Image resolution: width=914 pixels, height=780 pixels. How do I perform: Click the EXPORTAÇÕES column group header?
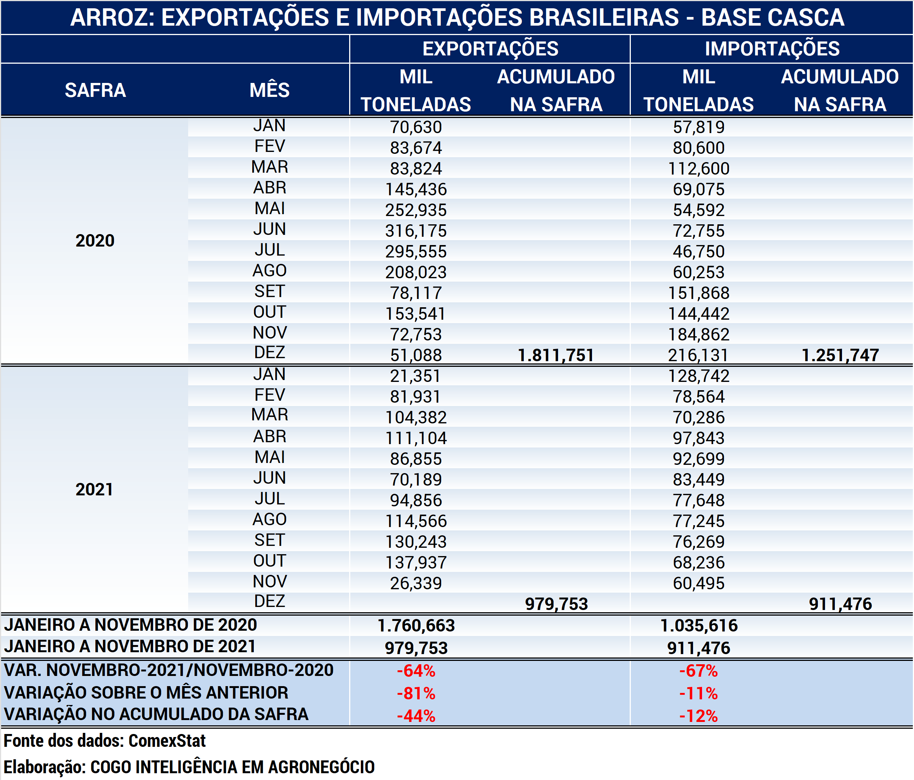tap(490, 49)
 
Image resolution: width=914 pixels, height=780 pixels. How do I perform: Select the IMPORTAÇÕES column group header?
tap(772, 49)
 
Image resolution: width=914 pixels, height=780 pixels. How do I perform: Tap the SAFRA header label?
tap(95, 90)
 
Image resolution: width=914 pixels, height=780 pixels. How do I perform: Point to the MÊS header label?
tap(270, 90)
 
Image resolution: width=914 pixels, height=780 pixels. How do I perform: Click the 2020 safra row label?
tap(95, 241)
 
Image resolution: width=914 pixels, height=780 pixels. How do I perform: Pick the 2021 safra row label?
tap(94, 489)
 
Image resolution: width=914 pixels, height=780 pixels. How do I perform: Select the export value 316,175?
tap(416, 231)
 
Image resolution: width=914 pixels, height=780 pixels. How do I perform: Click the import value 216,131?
tap(699, 355)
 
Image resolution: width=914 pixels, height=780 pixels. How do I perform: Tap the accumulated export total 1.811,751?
tap(556, 355)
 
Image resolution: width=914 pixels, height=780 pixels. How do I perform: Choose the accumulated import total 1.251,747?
tap(840, 355)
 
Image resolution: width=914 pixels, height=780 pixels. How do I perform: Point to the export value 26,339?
tap(416, 583)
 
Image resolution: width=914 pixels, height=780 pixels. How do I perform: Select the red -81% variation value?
tap(416, 694)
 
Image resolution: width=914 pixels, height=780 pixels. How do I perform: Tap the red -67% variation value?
tap(699, 671)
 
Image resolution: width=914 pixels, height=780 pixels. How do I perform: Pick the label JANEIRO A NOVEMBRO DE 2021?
tap(130, 647)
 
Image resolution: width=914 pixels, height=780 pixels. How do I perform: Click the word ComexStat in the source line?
tap(167, 741)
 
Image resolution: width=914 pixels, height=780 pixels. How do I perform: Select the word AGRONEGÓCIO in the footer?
tap(321, 767)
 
